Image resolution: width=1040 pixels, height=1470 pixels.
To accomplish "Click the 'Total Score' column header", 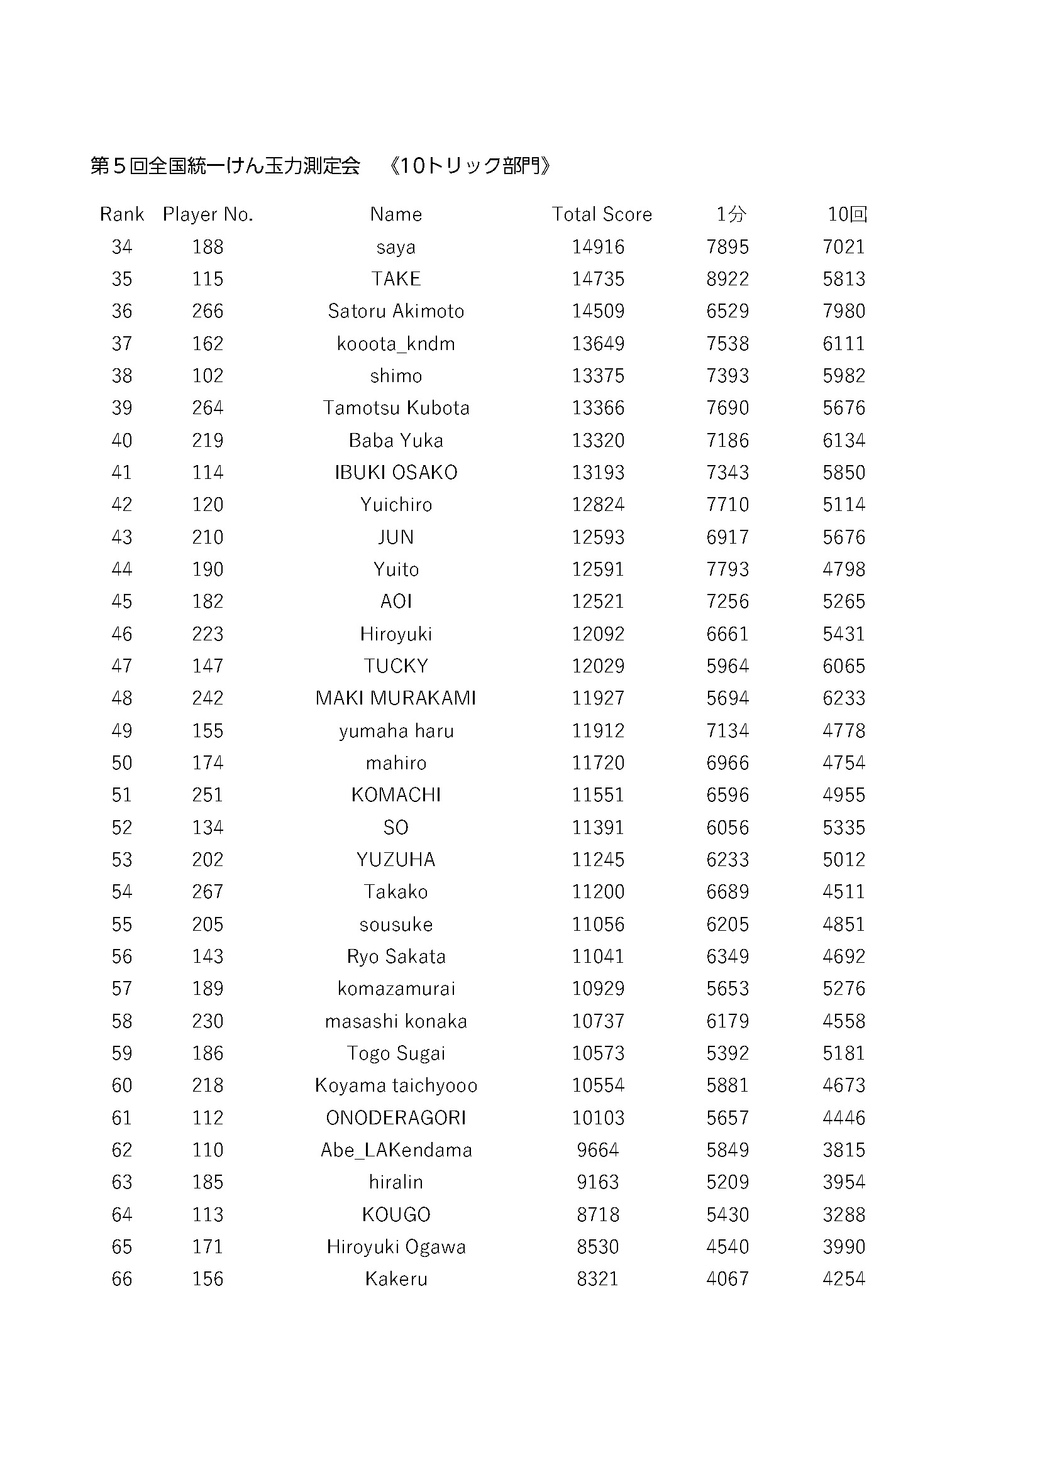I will pos(601,214).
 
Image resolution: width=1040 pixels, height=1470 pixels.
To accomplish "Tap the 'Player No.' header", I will pos(207,214).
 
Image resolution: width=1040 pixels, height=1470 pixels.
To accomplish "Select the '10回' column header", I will pos(846,214).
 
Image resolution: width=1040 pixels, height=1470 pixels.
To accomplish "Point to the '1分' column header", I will pos(731,214).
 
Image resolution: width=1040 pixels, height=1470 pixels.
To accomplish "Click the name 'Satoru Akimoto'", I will pos(396,311).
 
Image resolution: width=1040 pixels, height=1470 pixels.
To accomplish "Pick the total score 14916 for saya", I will pos(597,247).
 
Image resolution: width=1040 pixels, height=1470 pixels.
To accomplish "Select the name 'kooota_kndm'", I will pos(396,344).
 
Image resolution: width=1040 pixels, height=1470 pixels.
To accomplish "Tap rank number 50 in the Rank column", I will pos(122,762).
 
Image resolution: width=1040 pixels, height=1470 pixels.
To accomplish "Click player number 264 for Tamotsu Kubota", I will pos(207,408).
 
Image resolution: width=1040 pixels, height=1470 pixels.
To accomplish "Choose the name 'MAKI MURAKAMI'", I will pos(396,698).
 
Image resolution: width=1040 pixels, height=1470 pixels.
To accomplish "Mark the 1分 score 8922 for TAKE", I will pos(727,279).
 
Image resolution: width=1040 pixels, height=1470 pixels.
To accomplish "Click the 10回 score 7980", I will pos(843,311).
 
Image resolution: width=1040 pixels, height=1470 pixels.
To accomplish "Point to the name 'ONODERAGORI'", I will pos(396,1117).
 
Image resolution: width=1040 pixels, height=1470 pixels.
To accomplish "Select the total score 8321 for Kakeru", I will pos(597,1278).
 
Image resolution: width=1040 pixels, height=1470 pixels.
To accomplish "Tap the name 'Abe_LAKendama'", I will pos(396,1150).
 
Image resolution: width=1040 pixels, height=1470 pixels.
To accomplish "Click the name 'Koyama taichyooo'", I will pos(396,1085).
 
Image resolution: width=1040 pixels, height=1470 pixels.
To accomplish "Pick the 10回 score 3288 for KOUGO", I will pos(843,1215).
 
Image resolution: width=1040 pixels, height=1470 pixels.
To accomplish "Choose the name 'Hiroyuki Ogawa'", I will pos(396,1246).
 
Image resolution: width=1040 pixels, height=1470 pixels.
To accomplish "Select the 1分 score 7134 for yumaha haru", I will pos(727,730).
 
